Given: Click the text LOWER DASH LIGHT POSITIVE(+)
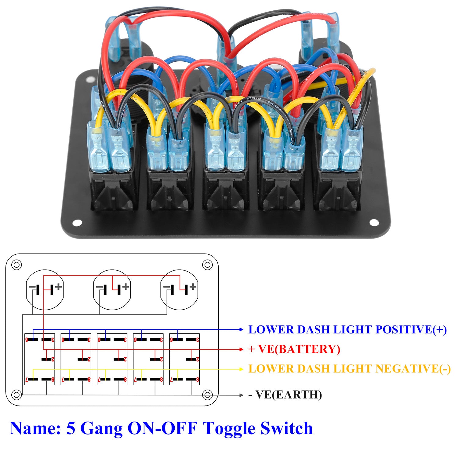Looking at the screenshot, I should (347, 330).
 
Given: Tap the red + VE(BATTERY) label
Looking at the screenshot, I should (294, 349).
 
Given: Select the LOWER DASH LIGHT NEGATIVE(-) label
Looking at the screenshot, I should (349, 369).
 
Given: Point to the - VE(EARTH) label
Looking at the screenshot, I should (285, 395).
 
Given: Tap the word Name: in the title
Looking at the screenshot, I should (35, 428).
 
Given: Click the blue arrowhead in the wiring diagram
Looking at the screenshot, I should (242, 329).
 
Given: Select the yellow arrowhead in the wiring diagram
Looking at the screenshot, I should (242, 369).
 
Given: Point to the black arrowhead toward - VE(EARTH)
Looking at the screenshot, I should (242, 395).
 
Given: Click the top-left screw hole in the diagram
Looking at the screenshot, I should (16, 264).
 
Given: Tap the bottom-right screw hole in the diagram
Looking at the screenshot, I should (208, 395).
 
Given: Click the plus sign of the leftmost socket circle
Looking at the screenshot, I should (58, 286).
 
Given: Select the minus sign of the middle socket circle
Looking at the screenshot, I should (99, 287).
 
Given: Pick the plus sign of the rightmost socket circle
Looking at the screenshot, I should (193, 286).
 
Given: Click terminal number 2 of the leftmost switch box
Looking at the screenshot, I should (53, 359).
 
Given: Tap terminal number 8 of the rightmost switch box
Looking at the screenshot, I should (198, 380).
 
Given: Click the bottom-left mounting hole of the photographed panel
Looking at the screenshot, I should (77, 223).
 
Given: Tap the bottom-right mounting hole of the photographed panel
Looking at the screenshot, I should (374, 223).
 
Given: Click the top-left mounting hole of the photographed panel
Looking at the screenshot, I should (90, 80).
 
